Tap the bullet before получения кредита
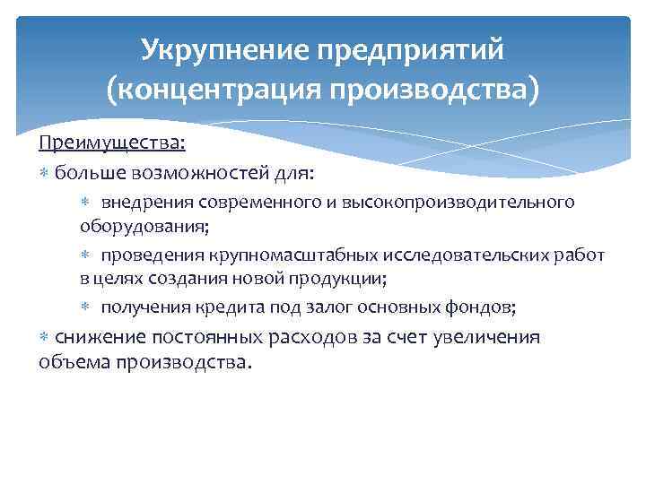(86, 307)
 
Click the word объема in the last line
(68, 363)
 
